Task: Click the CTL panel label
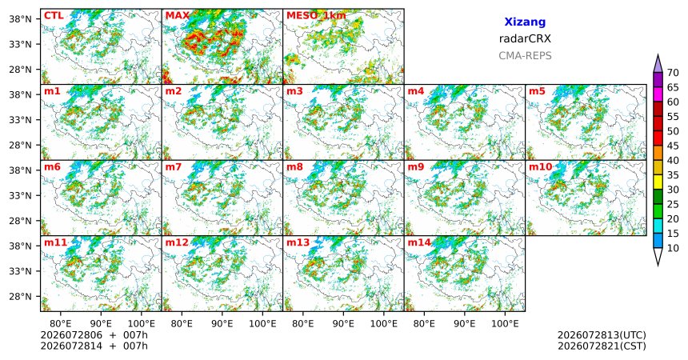point(54,16)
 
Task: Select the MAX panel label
point(178,16)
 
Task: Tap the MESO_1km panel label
point(316,16)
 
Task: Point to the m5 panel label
point(537,91)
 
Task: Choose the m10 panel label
point(540,167)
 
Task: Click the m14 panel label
point(419,242)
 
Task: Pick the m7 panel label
point(174,167)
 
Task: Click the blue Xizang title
point(525,22)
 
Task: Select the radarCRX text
point(525,38)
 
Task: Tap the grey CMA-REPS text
point(525,56)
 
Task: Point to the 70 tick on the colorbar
point(673,73)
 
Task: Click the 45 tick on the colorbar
point(673,146)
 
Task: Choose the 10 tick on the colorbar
point(673,248)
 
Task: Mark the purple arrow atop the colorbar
point(658,64)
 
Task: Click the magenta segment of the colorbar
point(658,94)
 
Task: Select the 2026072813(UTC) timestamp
point(602,335)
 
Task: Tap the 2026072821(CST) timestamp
point(602,346)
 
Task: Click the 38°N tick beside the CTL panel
point(20,19)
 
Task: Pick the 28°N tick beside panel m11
point(20,296)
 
